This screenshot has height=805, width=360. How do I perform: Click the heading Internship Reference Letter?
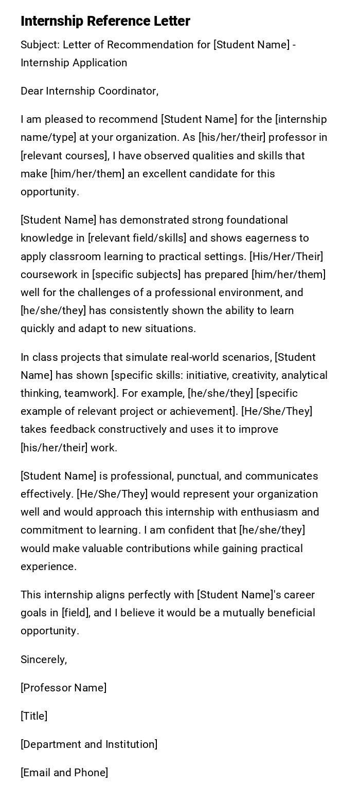coord(105,21)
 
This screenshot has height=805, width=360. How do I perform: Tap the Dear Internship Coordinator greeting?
coord(89,91)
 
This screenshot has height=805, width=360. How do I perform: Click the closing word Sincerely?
coord(44,660)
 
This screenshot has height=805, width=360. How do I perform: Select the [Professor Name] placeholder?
coord(64,688)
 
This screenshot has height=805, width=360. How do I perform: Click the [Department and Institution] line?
coord(89,744)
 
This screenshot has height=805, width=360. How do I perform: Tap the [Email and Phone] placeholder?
coord(64,773)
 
